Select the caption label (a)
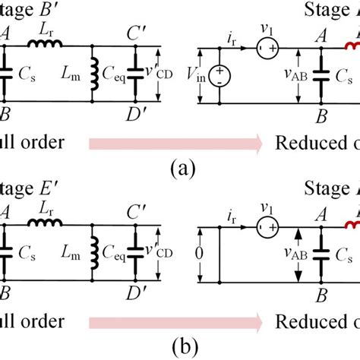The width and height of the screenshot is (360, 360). coord(180,167)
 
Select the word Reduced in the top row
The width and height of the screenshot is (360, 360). coord(305,142)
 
